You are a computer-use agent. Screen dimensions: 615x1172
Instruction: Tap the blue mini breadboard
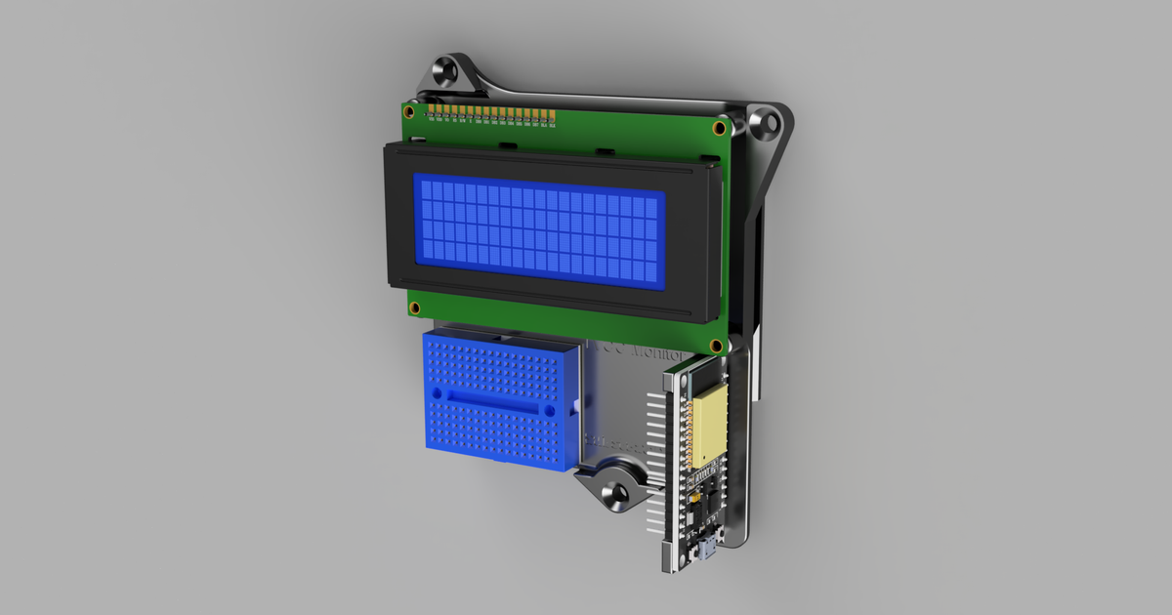pyautogui.click(x=498, y=400)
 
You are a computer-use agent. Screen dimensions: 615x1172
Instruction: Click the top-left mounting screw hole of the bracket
pyautogui.click(x=449, y=72)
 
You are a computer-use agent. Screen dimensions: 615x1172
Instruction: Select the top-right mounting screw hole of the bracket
pyautogui.click(x=768, y=124)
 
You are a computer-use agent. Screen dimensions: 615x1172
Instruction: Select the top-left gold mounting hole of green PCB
pyautogui.click(x=413, y=110)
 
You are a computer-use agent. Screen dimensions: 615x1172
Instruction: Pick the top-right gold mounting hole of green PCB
pyautogui.click(x=720, y=128)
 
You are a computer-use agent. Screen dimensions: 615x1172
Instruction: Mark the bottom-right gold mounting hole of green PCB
pyautogui.click(x=717, y=347)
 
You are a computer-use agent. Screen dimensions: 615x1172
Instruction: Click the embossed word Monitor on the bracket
pyautogui.click(x=635, y=351)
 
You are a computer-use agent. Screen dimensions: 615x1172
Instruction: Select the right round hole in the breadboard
pyautogui.click(x=550, y=411)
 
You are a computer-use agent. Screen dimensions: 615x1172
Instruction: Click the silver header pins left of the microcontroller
pyautogui.click(x=653, y=459)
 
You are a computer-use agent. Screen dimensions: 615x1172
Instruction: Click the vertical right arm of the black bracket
pyautogui.click(x=752, y=293)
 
